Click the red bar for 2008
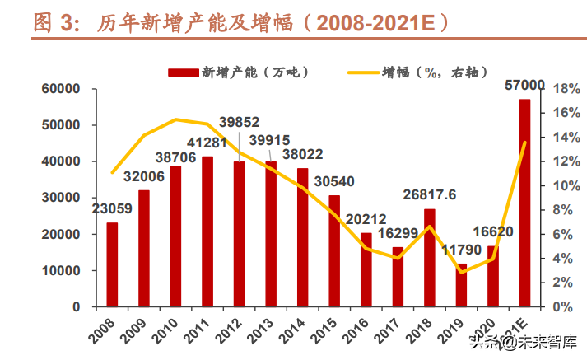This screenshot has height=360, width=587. click(x=112, y=264)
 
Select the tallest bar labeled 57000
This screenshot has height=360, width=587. click(x=524, y=203)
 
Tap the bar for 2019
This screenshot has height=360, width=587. click(x=461, y=285)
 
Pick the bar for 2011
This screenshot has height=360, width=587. click(x=207, y=231)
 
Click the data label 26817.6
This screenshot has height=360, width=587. click(x=430, y=195)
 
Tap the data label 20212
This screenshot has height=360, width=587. click(x=366, y=219)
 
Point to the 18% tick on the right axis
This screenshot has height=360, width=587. click(x=557, y=89)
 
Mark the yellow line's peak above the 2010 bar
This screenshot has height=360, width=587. click(x=176, y=119)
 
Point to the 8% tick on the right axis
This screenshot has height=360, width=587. click(x=555, y=209)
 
